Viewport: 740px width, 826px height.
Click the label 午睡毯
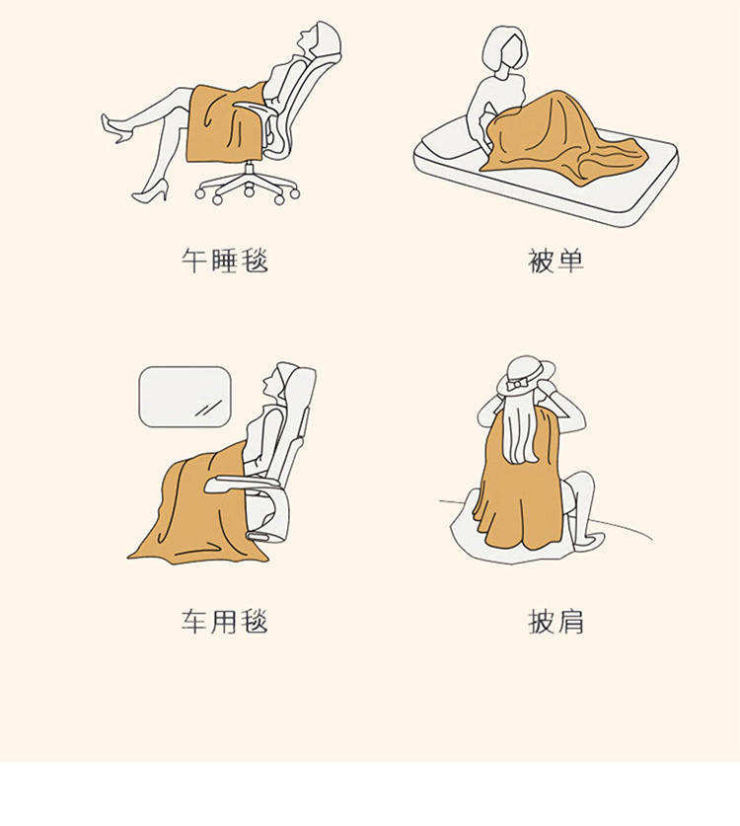click(x=224, y=261)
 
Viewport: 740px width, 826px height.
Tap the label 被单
click(x=555, y=261)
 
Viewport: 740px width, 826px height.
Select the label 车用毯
click(x=224, y=622)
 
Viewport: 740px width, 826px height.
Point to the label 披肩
click(x=555, y=622)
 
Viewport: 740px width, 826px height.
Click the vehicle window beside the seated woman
click(x=185, y=397)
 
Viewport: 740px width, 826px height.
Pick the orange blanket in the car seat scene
click(x=197, y=513)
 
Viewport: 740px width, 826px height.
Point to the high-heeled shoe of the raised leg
click(x=116, y=127)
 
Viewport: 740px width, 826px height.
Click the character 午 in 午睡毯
click(x=193, y=261)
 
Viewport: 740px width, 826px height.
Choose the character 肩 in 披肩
click(x=570, y=622)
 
